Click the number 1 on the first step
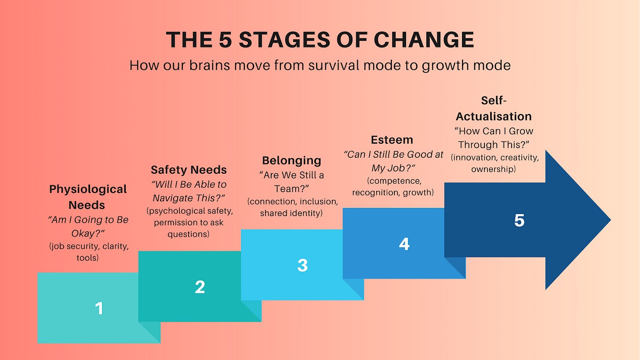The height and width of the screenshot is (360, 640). (x=99, y=308)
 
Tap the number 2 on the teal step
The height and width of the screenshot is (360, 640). (x=200, y=287)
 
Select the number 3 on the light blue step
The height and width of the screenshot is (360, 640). (x=302, y=265)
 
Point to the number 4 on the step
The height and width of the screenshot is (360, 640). (x=404, y=244)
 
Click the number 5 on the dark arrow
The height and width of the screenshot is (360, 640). (x=519, y=220)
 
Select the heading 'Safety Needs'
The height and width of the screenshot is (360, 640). (x=189, y=170)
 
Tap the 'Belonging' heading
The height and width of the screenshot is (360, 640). (x=291, y=160)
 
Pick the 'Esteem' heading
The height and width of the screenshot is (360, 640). (x=392, y=140)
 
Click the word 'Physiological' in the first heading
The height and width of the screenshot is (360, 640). (x=88, y=189)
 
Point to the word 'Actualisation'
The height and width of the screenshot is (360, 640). (x=494, y=116)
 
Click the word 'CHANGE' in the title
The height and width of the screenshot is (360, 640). (x=424, y=40)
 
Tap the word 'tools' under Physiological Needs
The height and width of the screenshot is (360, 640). (x=87, y=258)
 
